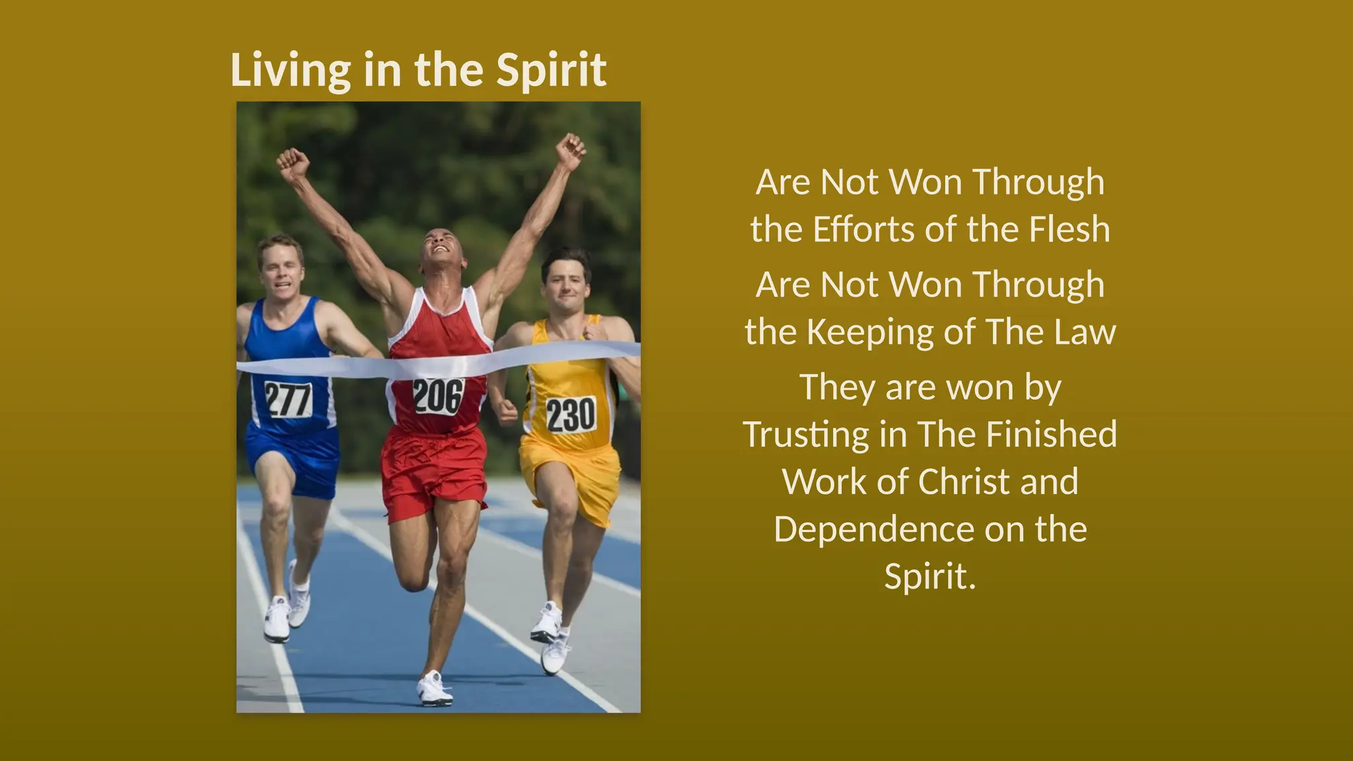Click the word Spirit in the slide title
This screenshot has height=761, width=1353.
551,70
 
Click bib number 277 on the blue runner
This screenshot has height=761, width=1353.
288,400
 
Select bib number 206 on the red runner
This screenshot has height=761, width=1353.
438,396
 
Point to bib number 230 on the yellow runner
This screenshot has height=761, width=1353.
571,415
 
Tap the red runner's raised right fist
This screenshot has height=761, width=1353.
293,163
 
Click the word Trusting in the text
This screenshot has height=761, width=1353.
807,435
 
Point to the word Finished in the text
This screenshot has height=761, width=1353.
1051,434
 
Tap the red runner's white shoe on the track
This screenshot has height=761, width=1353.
434,688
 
